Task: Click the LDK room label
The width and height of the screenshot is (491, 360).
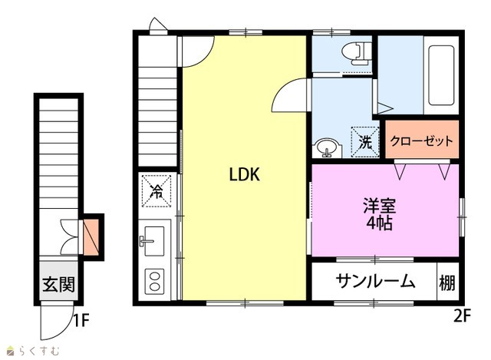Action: [x=245, y=174]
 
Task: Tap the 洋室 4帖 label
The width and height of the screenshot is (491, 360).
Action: [x=380, y=214]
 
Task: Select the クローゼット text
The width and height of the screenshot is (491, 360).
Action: [x=421, y=141]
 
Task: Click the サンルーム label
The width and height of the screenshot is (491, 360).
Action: [x=375, y=281]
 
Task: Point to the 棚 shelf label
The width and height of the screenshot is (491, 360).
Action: [x=447, y=283]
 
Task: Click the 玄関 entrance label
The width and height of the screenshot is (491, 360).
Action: [x=59, y=285]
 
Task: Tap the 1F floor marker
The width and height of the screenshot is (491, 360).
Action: [x=81, y=320]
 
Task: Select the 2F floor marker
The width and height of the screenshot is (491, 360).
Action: [x=462, y=316]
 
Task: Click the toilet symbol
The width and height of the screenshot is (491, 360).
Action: [x=357, y=53]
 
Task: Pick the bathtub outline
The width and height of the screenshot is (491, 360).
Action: [x=441, y=75]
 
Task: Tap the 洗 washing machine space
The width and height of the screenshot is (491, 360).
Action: [x=365, y=142]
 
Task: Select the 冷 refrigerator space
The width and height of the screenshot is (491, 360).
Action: [x=157, y=191]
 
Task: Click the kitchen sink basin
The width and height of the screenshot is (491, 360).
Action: [x=153, y=240]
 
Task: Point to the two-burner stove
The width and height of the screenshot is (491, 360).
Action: [x=154, y=282]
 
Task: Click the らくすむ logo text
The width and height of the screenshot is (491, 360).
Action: [x=39, y=351]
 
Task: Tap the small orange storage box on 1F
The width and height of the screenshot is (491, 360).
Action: [x=91, y=236]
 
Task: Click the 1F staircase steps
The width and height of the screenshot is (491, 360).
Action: [x=58, y=154]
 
